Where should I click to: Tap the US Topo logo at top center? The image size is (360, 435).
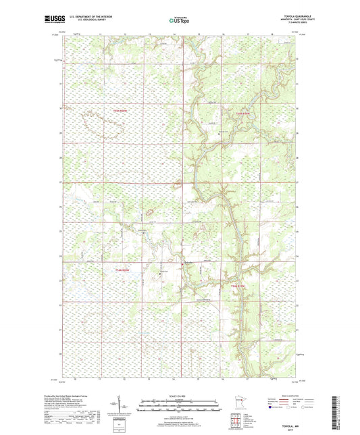(179, 21)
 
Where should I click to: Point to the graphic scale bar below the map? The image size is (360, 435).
(179, 406)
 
